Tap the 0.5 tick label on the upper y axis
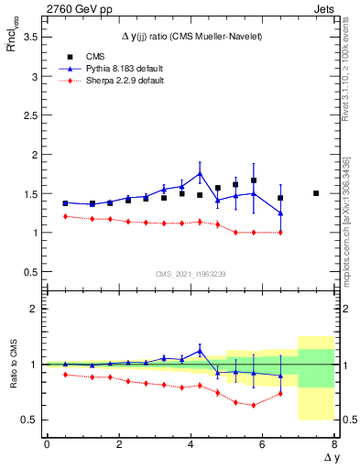pos(30,272)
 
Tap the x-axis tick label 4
pos(191,444)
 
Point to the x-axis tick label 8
pos(333,444)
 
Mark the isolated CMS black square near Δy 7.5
pos(316,193)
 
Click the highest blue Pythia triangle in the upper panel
pos(200,173)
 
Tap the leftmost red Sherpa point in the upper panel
pos(65,216)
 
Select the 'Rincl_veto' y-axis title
pos(13,46)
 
